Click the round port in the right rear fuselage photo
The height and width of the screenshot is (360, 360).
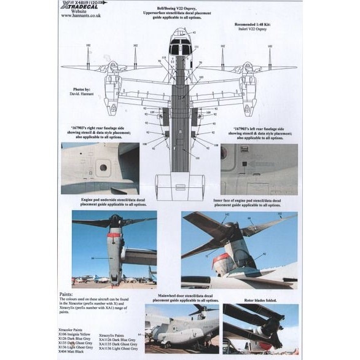(103, 167)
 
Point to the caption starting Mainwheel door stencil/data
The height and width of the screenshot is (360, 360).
(182, 297)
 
